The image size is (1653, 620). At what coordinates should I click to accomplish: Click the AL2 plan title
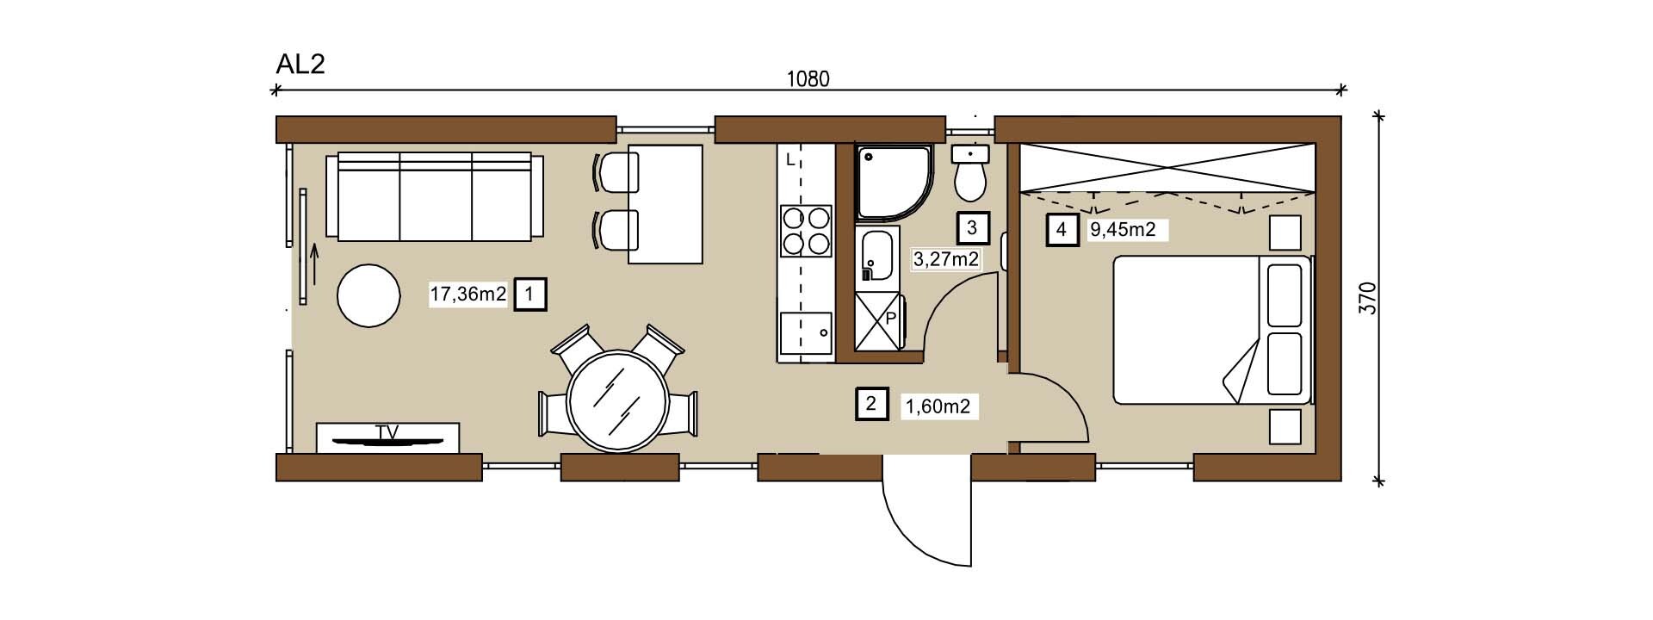300,64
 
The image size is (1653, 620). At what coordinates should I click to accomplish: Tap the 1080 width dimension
808,79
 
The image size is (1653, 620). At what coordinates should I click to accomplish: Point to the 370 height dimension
1368,298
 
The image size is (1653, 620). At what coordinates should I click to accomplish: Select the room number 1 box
529,294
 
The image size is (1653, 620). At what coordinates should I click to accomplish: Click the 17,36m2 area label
468,294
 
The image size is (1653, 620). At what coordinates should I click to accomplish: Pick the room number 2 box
871,403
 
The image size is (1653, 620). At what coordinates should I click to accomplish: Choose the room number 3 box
973,228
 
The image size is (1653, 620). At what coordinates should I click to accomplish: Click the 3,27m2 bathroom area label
945,258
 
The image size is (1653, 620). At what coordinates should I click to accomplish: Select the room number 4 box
1062,230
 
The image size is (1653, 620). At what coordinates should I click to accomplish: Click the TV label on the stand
387,432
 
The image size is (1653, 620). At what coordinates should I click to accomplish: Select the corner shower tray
895,181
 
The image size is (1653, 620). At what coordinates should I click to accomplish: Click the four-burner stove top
806,231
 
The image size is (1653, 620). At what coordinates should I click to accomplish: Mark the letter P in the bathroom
890,318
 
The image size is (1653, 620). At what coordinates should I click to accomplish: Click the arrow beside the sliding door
314,264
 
